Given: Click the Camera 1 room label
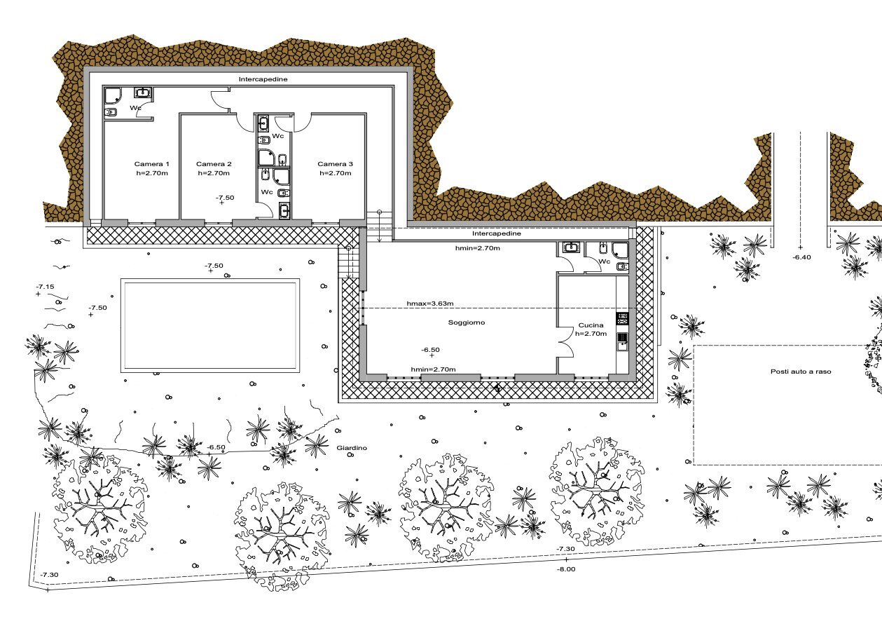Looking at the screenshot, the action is coord(151,164).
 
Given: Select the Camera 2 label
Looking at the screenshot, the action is coord(214,164).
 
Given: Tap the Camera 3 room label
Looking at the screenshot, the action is coord(335,164).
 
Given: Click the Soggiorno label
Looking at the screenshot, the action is coord(467,322).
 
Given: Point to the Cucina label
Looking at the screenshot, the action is coord(591,325).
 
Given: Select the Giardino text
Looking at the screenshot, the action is coord(352,448).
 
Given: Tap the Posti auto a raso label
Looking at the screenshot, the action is coord(801,372).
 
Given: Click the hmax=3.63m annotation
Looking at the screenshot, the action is coord(430,304).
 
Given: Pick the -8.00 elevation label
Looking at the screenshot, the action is coord(566,569).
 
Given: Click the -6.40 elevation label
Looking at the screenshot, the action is coord(801,257).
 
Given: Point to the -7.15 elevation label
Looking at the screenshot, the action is coord(45,287).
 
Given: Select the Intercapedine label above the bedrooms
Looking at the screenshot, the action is coord(263,79).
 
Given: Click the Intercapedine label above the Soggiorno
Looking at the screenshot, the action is coord(497,233).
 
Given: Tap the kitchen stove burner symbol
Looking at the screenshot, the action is coord(622,318).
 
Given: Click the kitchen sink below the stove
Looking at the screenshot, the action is coord(622,341).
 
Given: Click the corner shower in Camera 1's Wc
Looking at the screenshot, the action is coord(113,96).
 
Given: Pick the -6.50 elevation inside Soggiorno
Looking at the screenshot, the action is coord(430,350).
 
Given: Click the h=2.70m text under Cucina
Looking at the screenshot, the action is coord(591,334).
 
